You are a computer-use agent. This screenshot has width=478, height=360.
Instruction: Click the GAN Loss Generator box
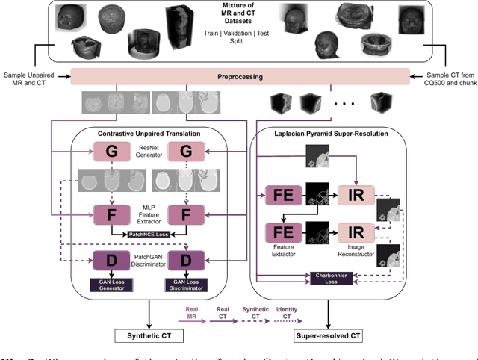(110, 283)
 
